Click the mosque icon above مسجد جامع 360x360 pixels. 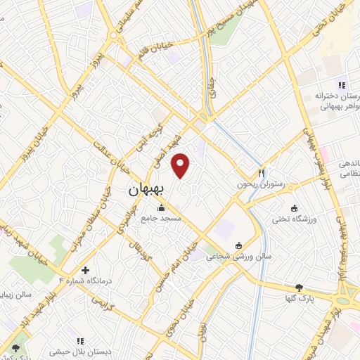162,208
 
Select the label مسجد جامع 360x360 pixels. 162,219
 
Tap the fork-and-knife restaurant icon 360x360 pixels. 261,173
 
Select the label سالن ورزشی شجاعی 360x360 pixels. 238,257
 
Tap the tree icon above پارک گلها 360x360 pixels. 300,287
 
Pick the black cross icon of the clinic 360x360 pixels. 85,270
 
